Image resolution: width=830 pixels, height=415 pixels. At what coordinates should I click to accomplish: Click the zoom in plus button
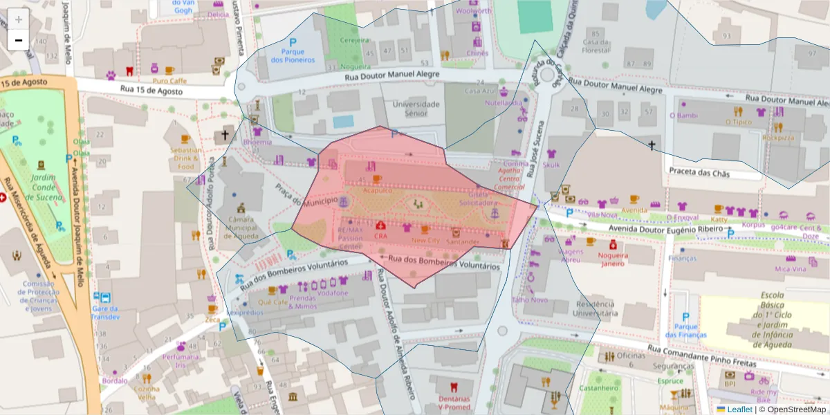point(18,19)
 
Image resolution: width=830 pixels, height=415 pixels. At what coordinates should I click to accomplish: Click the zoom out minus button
point(18,40)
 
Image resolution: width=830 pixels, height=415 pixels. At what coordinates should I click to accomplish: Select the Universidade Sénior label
point(416,109)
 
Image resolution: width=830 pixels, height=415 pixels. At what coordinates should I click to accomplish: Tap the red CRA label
point(380,236)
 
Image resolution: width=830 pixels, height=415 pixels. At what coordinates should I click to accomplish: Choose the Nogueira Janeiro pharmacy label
point(613,258)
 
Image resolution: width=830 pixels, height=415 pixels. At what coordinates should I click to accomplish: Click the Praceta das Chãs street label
point(698,171)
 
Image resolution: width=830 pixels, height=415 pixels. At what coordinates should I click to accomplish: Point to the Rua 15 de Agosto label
point(150,89)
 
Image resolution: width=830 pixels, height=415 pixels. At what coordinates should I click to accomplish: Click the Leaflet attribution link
point(739,409)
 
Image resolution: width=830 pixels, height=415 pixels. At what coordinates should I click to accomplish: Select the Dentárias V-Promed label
point(454,403)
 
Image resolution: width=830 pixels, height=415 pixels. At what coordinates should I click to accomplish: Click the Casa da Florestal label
point(595,46)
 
